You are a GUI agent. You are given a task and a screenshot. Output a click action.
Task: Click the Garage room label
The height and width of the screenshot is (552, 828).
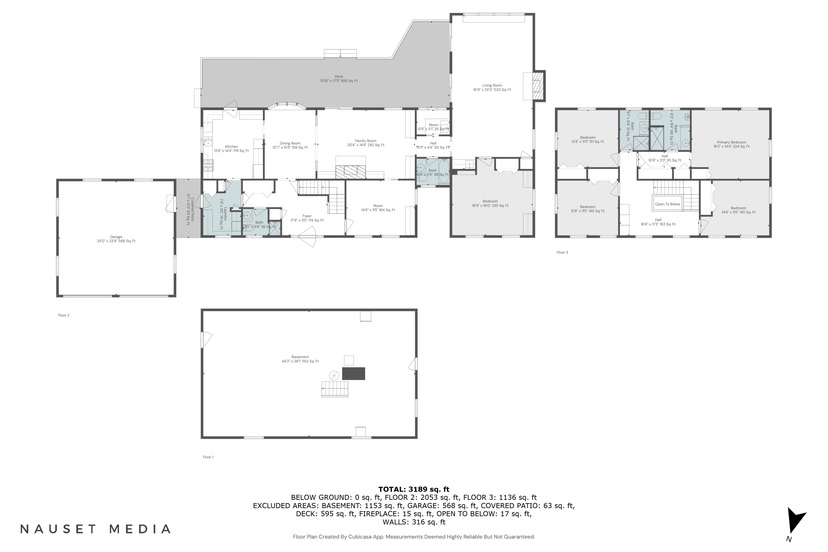(116, 239)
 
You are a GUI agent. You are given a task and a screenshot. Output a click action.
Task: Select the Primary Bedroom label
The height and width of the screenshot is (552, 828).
(731, 144)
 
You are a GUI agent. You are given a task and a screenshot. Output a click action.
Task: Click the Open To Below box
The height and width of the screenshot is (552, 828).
(667, 204)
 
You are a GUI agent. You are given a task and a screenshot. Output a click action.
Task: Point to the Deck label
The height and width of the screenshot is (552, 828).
(339, 78)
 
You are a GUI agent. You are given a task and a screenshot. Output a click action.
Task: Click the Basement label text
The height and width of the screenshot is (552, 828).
(300, 359)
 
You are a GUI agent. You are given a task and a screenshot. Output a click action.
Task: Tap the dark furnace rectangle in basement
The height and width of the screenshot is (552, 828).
(354, 373)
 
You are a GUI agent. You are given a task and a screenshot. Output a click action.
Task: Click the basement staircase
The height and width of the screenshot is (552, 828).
(335, 389)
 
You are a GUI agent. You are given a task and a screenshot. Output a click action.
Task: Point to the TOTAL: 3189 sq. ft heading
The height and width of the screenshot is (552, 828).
(414, 489)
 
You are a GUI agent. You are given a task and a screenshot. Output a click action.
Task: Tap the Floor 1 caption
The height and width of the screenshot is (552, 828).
(208, 457)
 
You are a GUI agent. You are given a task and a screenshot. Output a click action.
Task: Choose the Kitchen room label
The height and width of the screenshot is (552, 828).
(231, 148)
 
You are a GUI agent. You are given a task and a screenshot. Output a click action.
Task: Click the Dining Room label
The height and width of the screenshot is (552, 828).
(290, 145)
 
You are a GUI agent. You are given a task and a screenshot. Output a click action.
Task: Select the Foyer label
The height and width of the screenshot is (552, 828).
(307, 218)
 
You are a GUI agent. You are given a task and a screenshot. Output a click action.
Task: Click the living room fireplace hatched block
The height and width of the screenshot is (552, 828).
(538, 86)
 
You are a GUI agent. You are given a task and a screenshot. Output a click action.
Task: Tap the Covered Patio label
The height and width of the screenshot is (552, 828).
(190, 209)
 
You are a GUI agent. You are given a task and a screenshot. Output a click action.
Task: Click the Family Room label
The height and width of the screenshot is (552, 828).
(365, 143)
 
